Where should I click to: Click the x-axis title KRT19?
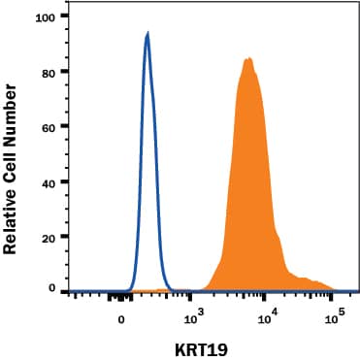(x=204, y=348)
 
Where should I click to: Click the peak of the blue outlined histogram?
(x=147, y=34)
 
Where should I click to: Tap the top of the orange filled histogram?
(x=248, y=59)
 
